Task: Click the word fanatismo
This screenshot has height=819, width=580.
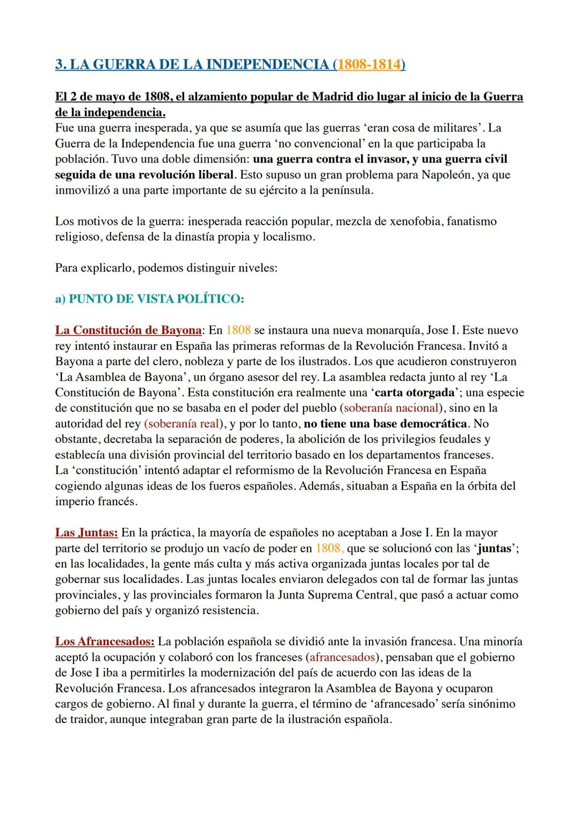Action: (x=470, y=221)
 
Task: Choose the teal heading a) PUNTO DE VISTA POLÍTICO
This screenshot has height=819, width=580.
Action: (x=150, y=299)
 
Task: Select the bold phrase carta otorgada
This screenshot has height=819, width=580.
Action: (x=415, y=392)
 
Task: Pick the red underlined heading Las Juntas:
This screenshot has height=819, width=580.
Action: (x=86, y=533)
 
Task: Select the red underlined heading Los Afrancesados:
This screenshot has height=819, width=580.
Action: (x=105, y=641)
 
